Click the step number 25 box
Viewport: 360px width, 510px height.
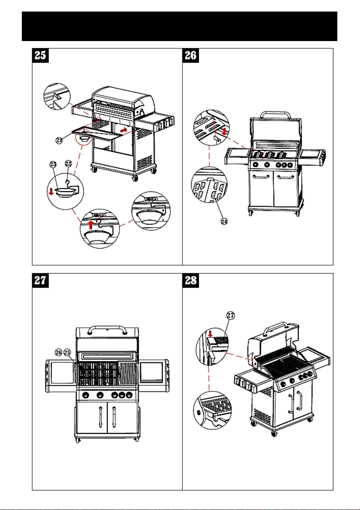point(40,56)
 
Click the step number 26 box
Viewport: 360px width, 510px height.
point(191,56)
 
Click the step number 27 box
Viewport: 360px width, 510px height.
point(40,280)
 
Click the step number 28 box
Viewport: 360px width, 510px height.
point(191,280)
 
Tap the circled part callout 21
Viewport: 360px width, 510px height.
point(59,140)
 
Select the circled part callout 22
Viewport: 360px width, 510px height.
point(68,163)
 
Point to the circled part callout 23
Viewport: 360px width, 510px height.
point(53,164)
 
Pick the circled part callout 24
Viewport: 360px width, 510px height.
point(224,222)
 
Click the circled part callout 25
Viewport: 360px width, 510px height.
point(67,352)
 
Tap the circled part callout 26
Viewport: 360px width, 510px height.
point(59,352)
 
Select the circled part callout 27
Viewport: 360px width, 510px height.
point(230,315)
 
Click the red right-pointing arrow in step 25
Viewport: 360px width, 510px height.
point(123,130)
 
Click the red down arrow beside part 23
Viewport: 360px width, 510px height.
point(51,192)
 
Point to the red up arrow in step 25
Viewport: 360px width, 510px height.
point(92,224)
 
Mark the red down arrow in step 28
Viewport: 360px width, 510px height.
point(210,334)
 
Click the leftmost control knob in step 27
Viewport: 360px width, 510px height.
point(86,395)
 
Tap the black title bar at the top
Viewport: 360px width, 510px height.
point(179,27)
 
